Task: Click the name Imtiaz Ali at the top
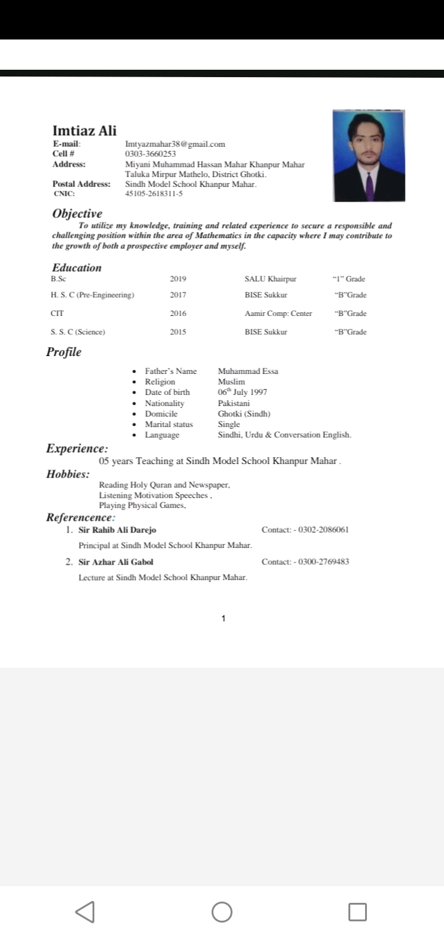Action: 84,130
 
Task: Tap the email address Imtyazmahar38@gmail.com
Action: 175,144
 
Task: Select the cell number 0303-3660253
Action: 150,154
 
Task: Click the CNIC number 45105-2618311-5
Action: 154,193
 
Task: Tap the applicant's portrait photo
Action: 368,156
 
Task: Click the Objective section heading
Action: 77,214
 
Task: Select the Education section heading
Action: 76,268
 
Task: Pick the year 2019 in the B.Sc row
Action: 178,279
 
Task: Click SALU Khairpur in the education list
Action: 270,279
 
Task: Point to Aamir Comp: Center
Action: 278,313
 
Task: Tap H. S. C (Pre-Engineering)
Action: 92,295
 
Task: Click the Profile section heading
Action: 64,352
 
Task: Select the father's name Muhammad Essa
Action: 248,371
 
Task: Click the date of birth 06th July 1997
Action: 242,392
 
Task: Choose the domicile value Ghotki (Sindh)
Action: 244,413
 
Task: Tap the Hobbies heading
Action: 67,475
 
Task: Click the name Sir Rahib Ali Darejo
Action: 117,530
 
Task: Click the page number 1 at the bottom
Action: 223,618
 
